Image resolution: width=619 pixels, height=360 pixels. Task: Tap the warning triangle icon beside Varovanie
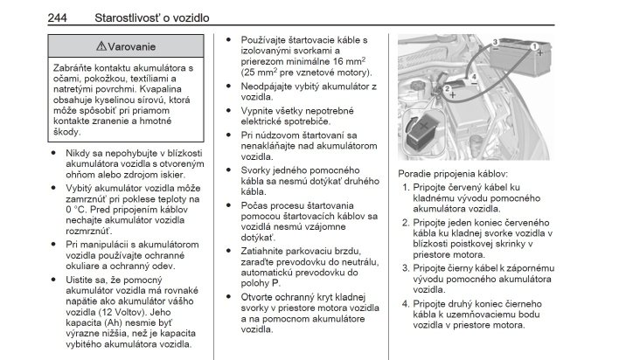pos(103,46)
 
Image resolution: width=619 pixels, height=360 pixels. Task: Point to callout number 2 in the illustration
pos(448,87)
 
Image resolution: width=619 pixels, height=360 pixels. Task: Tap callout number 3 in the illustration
pos(494,42)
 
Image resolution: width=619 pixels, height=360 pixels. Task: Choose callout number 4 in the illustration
pos(474,77)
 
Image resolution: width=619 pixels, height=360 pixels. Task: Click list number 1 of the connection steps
pos(407,187)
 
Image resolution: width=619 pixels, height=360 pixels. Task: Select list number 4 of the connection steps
pos(407,304)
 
